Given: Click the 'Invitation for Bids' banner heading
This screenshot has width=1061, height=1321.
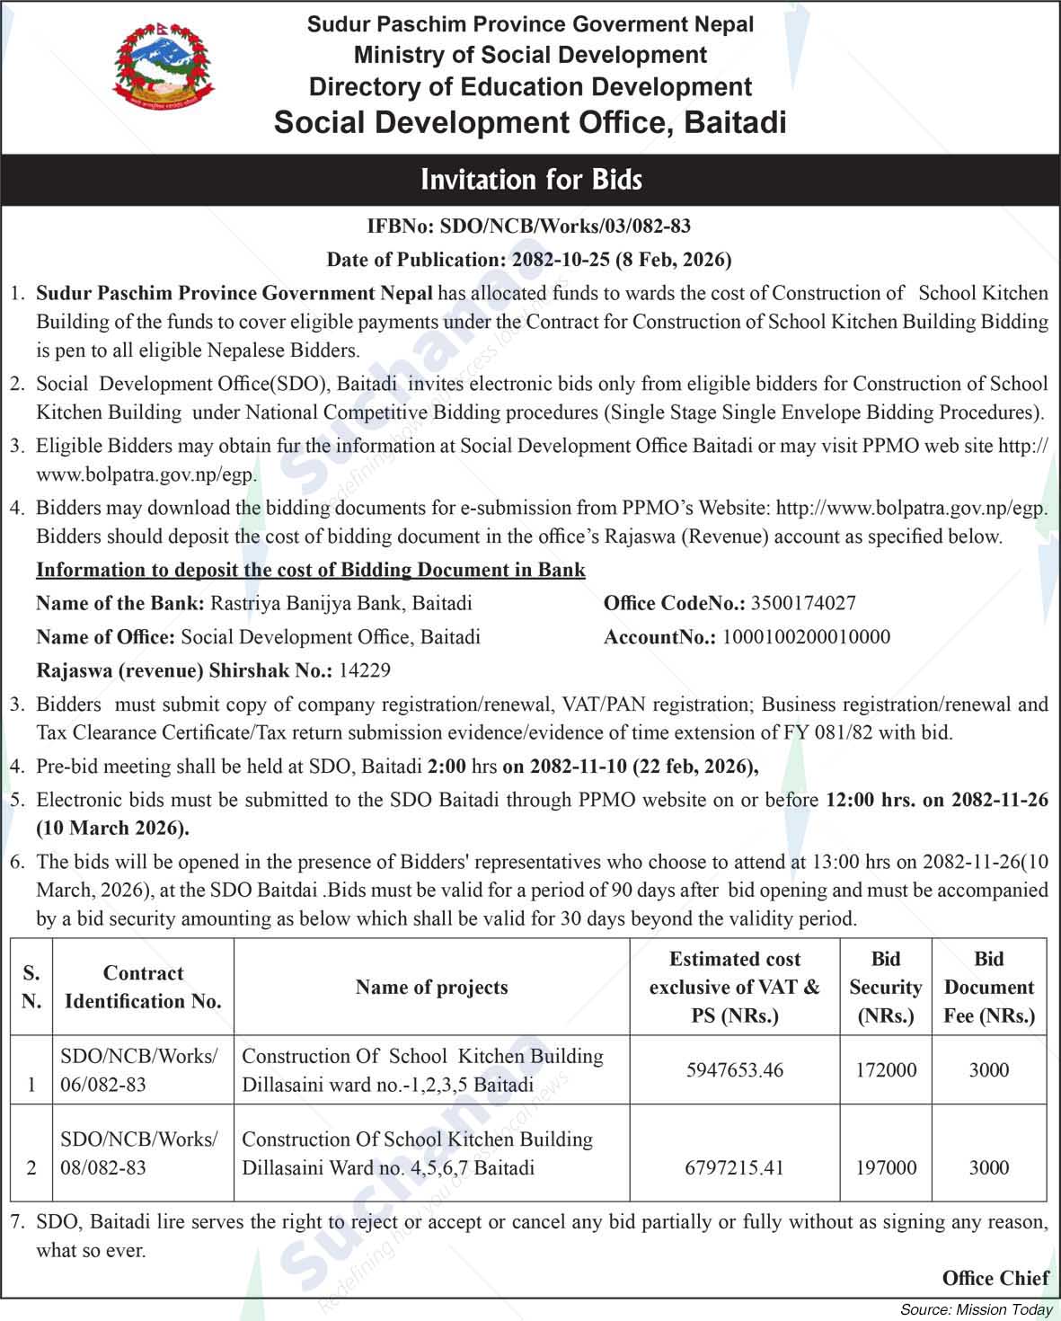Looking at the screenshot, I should (531, 180).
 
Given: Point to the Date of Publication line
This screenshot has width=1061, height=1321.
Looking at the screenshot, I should (529, 260).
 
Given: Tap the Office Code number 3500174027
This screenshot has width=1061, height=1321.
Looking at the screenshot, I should (803, 603).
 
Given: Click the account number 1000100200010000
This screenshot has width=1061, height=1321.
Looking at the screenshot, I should (806, 637).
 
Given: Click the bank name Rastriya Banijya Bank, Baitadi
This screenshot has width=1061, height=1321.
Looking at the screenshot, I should (340, 603).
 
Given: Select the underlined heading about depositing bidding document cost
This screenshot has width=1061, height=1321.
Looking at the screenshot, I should (311, 570).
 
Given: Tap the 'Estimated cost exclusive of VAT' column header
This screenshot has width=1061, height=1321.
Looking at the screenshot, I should (734, 987).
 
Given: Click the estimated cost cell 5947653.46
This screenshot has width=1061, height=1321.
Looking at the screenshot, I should (734, 1069).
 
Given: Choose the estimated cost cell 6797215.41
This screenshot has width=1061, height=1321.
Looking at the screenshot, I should (734, 1167).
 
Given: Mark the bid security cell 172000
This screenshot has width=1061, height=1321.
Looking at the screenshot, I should (886, 1069).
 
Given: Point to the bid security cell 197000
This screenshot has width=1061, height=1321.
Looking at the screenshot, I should (886, 1167).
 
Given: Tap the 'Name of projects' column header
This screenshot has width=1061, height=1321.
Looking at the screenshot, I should (431, 987).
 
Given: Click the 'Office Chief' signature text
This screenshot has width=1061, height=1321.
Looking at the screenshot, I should (995, 1278).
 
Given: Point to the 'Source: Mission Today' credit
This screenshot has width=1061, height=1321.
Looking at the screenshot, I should (977, 1309).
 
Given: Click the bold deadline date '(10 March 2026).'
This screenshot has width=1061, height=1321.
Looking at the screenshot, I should (112, 828).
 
